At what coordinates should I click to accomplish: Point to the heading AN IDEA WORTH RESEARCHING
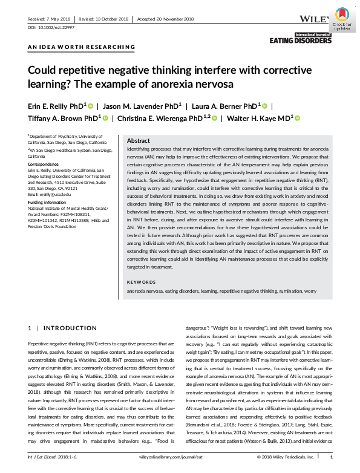82,47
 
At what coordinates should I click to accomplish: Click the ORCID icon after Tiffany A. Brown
105,118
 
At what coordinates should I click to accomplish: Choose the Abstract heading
139,140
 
